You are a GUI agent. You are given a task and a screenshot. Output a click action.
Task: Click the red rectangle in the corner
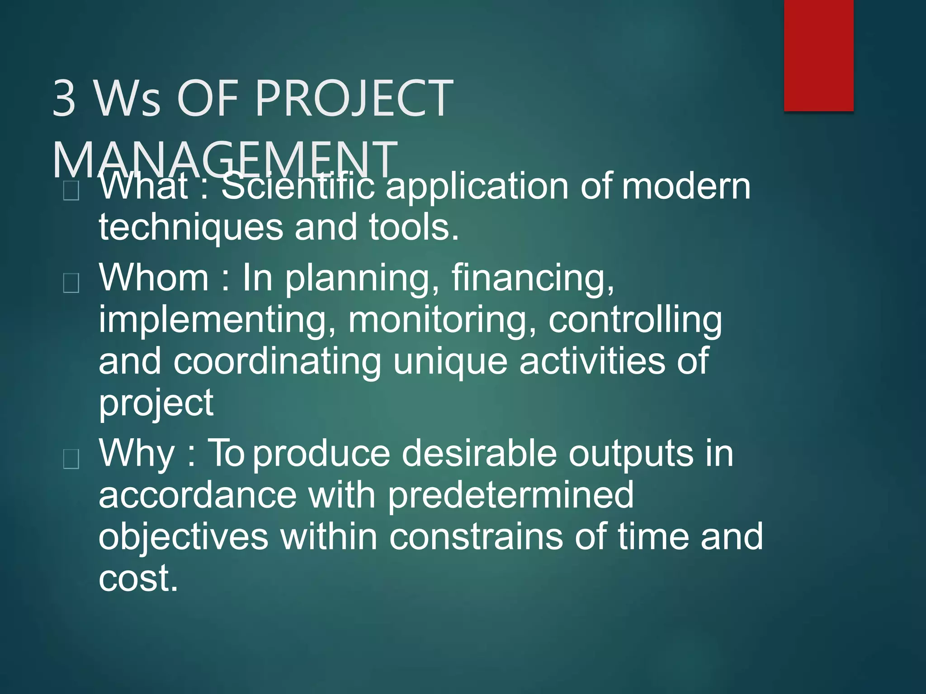[818, 55]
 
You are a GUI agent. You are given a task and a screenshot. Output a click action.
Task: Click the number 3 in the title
[64, 98]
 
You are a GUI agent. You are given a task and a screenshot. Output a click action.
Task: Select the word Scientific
[298, 186]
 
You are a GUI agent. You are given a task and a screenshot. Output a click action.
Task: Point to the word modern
[686, 186]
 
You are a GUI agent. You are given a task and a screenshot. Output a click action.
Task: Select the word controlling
[635, 319]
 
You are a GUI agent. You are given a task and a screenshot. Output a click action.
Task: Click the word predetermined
[511, 495]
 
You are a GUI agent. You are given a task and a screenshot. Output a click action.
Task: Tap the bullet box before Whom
[71, 283]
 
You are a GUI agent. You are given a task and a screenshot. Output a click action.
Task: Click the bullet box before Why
[71, 459]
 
